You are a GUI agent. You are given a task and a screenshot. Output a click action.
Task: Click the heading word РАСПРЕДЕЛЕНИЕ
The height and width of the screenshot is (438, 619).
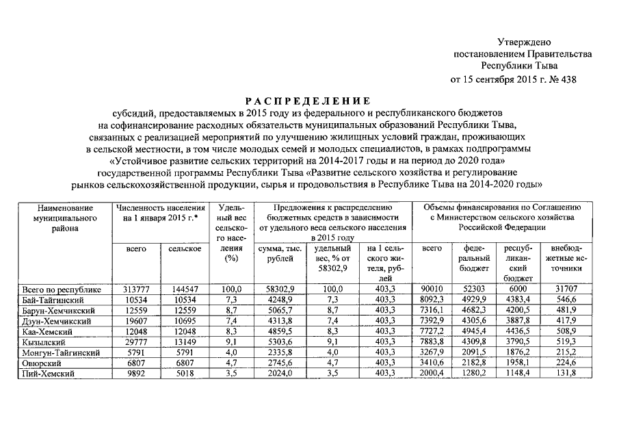click(309, 100)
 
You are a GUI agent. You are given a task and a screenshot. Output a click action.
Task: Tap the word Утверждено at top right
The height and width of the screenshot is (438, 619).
click(523, 42)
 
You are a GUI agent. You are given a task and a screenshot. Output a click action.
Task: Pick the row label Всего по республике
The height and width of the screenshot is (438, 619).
click(62, 289)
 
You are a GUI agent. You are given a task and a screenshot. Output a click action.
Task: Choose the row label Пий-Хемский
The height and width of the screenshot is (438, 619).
click(48, 374)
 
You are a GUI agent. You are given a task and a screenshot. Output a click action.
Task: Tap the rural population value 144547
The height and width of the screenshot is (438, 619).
click(184, 289)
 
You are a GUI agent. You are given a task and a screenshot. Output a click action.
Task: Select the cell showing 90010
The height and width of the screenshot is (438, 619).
click(432, 289)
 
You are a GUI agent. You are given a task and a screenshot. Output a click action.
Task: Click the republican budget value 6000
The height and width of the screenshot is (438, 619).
click(518, 289)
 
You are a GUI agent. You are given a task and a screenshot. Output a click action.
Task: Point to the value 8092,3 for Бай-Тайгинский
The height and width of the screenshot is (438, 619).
click(432, 300)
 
